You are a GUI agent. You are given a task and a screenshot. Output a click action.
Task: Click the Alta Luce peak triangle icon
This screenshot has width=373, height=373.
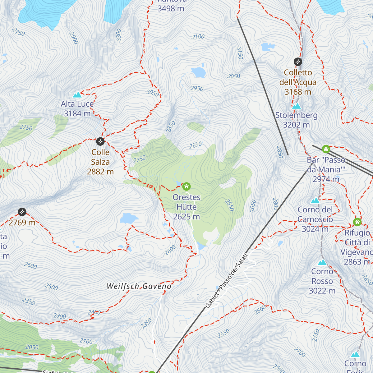tap(77, 94)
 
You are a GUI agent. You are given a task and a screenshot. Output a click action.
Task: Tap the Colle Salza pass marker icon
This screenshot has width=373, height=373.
tap(100, 141)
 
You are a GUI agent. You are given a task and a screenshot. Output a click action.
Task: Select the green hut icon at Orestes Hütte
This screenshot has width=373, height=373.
tap(186, 186)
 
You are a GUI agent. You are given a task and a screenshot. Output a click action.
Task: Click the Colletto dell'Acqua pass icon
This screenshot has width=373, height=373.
tap(298, 62)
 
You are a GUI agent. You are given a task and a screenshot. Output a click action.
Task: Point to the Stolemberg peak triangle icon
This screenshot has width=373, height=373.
tap(297, 106)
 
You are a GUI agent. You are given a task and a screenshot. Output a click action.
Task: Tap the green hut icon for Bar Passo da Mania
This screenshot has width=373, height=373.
tap(326, 149)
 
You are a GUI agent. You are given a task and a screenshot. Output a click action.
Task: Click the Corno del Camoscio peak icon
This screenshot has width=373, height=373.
tap(315, 200)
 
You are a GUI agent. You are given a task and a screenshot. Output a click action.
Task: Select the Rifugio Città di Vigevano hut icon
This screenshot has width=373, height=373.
tap(357, 222)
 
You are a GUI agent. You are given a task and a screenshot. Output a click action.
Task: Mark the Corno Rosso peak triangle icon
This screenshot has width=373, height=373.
tap(322, 262)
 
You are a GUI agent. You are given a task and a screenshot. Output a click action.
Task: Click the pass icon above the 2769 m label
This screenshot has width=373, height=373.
tap(22, 212)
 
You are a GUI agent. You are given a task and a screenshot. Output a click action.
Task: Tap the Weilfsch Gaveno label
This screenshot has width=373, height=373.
tap(139, 286)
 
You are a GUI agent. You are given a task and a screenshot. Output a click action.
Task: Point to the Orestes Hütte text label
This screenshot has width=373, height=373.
tap(186, 207)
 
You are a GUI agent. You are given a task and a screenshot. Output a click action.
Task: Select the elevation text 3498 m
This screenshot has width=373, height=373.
tap(171, 8)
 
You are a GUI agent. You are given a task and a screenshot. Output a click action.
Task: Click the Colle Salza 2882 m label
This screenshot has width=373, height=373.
tap(100, 162)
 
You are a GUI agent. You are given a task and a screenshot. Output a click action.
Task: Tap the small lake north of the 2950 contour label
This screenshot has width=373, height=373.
tap(199, 72)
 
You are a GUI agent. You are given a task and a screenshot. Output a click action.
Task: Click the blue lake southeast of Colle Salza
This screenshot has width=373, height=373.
tap(129, 219)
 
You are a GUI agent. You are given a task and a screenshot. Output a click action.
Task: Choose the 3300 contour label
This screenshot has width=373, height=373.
tap(119, 35)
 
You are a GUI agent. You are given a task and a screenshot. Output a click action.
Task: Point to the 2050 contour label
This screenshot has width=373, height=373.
tap(32, 347)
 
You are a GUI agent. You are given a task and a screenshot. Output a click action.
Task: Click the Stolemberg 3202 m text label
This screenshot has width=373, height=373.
tap(296, 120)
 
